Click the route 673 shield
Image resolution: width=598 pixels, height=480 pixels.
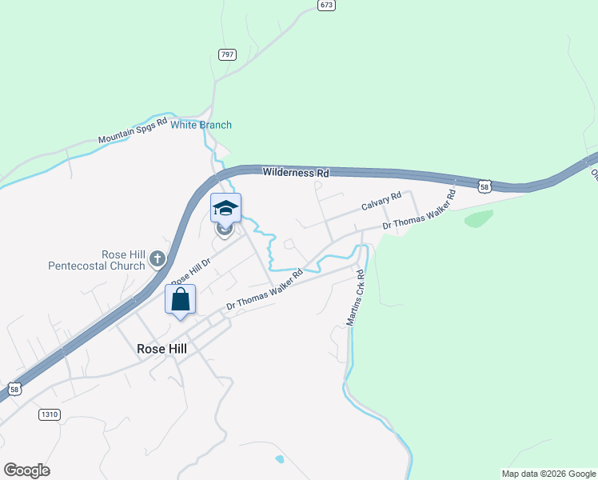(325, 5)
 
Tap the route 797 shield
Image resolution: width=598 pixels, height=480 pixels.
(227, 54)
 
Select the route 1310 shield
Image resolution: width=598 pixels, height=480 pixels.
(49, 414)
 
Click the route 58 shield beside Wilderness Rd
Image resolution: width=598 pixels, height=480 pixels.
(484, 186)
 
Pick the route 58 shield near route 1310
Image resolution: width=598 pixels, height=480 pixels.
(14, 389)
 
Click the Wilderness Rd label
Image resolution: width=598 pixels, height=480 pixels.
(296, 172)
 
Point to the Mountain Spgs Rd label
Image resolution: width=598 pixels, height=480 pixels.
(133, 131)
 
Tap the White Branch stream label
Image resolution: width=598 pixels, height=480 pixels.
(201, 125)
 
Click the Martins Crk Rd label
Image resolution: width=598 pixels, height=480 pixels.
(356, 297)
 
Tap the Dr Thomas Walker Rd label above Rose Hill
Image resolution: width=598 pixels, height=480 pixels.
(265, 290)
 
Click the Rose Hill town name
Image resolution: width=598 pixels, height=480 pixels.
(161, 349)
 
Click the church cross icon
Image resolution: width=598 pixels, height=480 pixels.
(157, 259)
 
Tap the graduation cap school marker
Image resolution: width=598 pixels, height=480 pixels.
(225, 209)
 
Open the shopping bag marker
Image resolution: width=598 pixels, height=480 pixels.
(181, 300)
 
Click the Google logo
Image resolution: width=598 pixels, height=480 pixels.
(26, 470)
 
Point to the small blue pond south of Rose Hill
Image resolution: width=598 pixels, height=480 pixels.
(278, 460)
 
